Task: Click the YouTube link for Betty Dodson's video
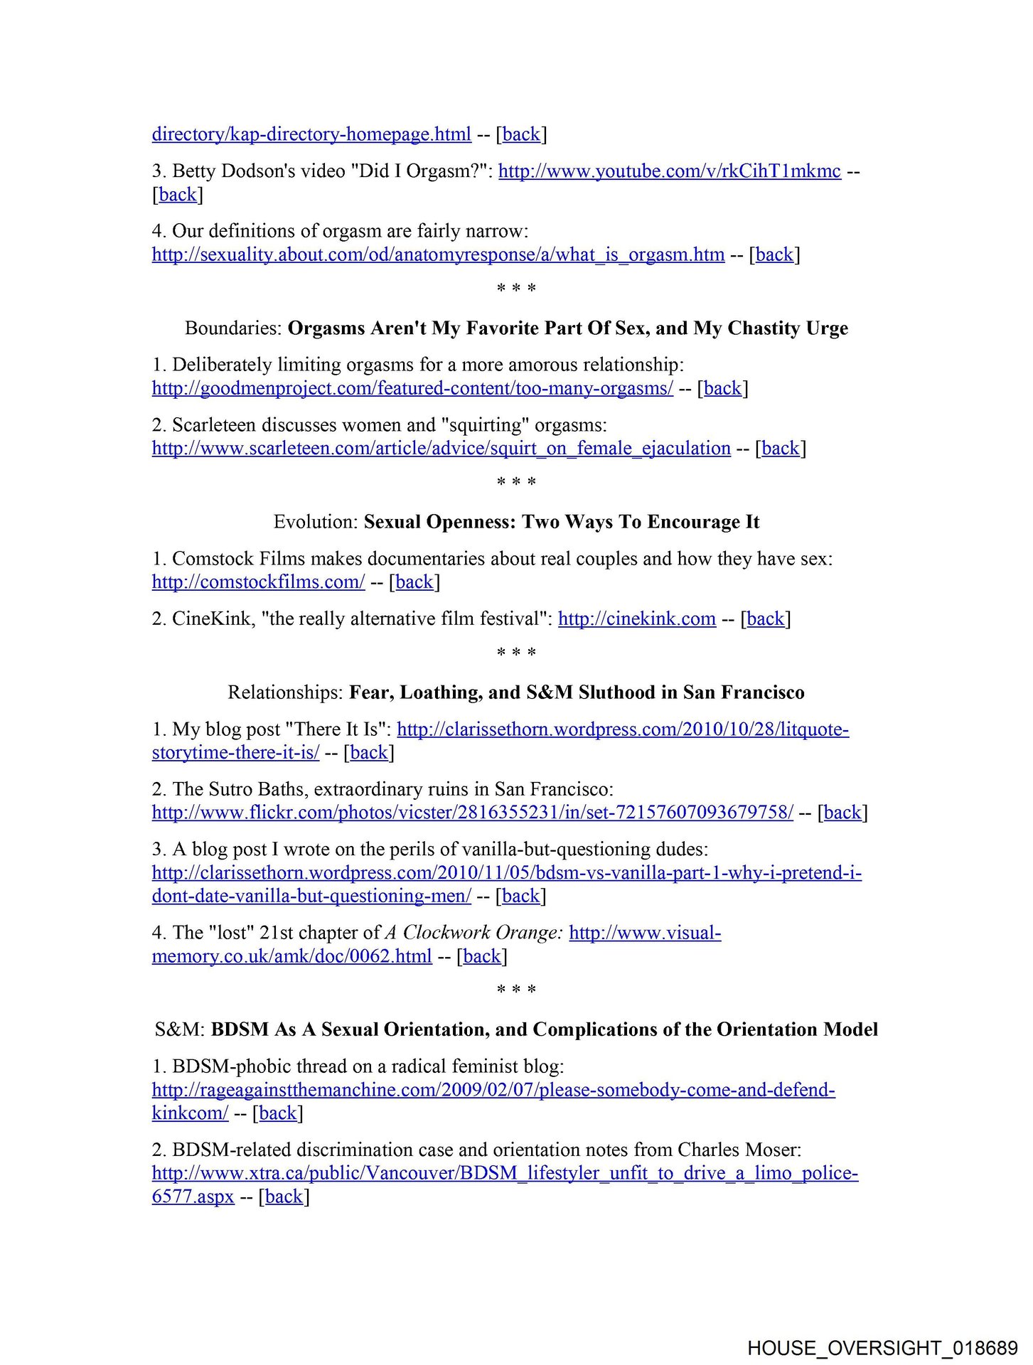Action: coord(669,171)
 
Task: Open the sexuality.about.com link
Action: coord(438,255)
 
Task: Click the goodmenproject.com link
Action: coord(412,388)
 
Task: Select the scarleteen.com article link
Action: coord(441,449)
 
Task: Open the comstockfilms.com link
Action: coord(258,582)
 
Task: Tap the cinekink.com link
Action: coord(636,619)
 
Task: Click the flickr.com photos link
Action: coord(472,813)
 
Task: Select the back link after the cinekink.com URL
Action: coord(765,619)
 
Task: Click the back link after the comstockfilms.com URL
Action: coord(414,582)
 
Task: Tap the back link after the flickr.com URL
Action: coord(842,813)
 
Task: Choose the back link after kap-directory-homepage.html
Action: coord(521,134)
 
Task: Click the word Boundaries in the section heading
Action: coord(232,328)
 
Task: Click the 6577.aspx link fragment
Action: coord(193,1197)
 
